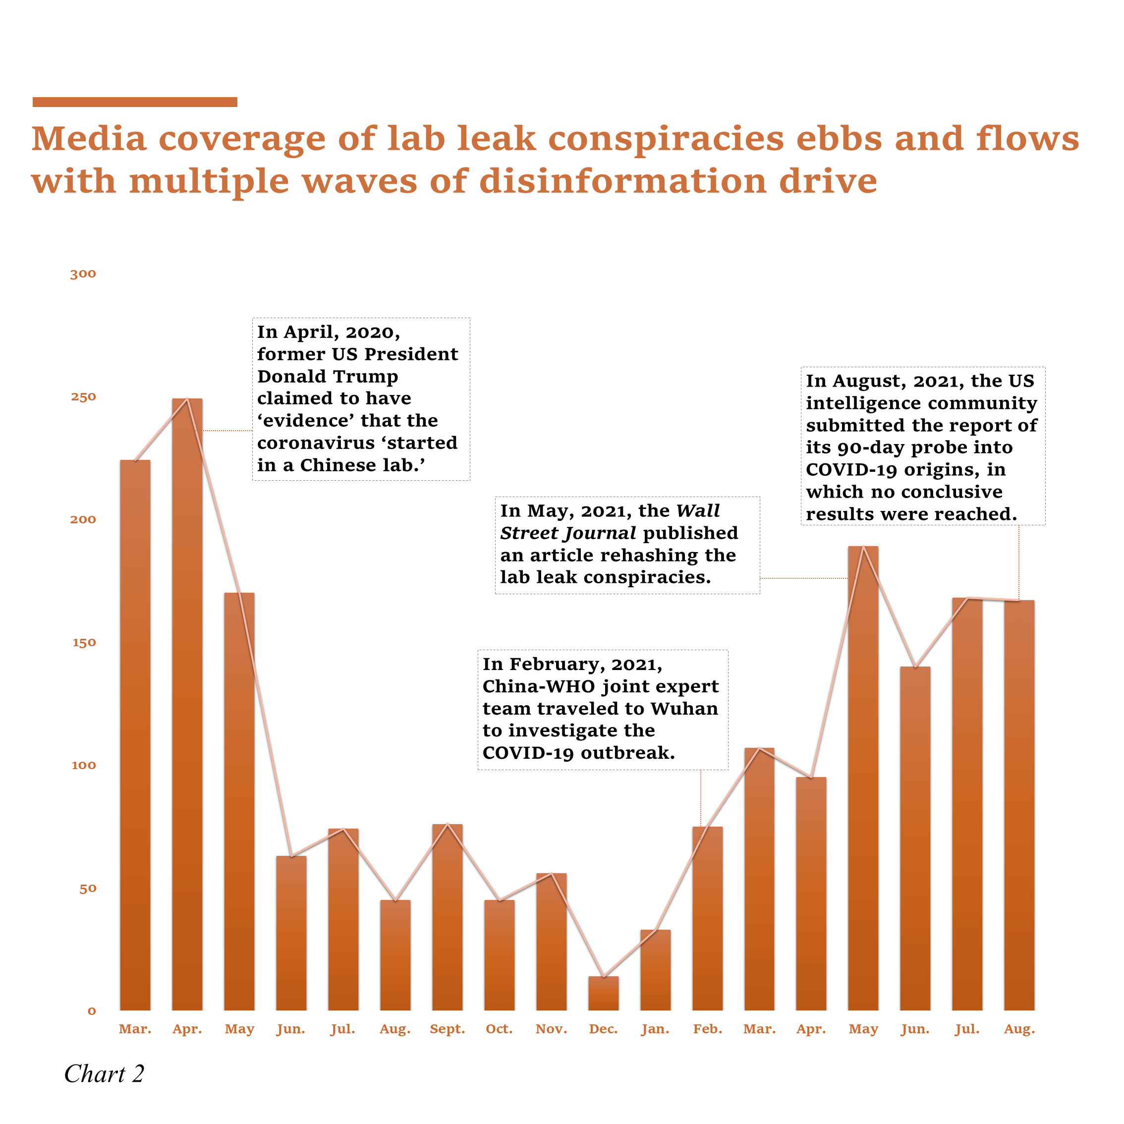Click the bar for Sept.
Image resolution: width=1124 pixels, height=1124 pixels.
coord(448,919)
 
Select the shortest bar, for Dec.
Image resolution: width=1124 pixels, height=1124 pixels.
coord(603,995)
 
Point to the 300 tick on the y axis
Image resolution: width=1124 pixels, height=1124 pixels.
coord(83,274)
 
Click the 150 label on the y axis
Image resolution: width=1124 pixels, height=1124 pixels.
coord(83,643)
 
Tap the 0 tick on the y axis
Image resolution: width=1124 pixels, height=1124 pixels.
coord(91,1011)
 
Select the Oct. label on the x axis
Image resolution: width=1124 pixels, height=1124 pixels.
coord(499,1029)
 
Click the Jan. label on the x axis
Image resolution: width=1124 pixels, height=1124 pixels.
coord(655,1029)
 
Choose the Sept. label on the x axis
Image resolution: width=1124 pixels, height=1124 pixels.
coord(448,1029)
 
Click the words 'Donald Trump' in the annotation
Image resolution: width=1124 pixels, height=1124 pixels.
coord(328,377)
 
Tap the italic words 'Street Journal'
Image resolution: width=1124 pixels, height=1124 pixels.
coord(568,533)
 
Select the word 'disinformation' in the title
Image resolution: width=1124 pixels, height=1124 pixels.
coord(622,181)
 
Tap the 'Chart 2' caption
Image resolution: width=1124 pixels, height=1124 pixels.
coord(104,1074)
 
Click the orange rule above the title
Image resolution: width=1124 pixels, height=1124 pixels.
coord(134,103)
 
